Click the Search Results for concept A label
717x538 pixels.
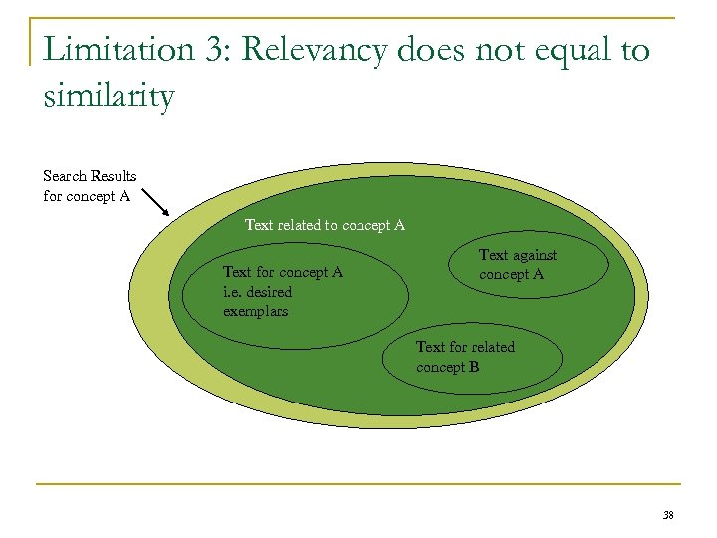(90, 186)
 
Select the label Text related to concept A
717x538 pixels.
(326, 225)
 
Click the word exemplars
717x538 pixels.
(255, 311)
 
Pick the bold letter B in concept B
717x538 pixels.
(474, 367)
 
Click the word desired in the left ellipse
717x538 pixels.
(269, 292)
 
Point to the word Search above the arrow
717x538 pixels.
(65, 176)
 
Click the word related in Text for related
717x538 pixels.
(493, 347)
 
